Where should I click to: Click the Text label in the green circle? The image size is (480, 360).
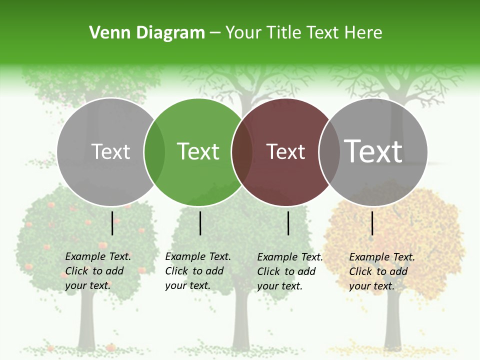[x=198, y=151]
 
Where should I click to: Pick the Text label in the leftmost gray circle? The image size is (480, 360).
[x=110, y=151]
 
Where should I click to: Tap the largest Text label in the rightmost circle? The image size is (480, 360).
[x=373, y=151]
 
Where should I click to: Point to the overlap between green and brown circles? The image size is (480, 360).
[x=241, y=152]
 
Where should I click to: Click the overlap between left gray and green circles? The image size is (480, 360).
[x=154, y=152]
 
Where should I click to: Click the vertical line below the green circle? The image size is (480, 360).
[x=200, y=223]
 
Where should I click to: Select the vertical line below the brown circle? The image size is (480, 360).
[x=288, y=223]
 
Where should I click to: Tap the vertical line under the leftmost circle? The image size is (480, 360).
[x=112, y=223]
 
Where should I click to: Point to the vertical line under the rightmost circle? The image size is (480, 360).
[x=372, y=223]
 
